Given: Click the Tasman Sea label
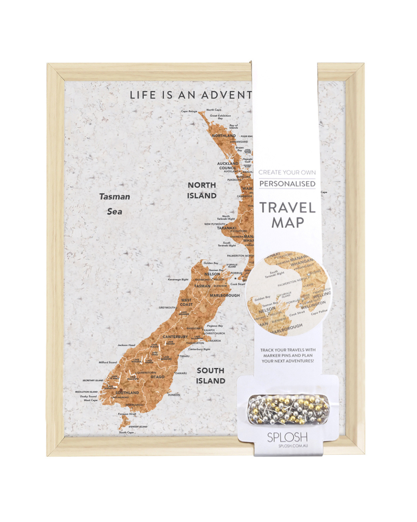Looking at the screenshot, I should [x=114, y=204].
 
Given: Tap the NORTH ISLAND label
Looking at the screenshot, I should [x=202, y=190].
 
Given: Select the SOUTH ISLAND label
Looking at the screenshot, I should [x=210, y=375].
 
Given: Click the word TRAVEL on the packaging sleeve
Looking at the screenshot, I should [x=287, y=208].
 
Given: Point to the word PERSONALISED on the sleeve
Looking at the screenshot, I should [x=287, y=184].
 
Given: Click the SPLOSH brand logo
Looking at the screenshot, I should [x=287, y=437].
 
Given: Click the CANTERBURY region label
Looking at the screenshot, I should [x=175, y=337].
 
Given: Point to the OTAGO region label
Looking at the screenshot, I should [x=158, y=377].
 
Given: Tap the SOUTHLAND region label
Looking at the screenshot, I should [x=127, y=392].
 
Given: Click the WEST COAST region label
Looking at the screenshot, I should [x=186, y=302].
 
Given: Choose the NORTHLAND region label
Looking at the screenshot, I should [x=224, y=136].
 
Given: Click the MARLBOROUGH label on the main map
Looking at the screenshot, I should [x=225, y=295].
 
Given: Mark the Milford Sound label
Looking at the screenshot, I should [x=108, y=362].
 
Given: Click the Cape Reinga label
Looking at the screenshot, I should [x=189, y=111].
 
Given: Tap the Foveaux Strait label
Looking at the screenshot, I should [x=127, y=414].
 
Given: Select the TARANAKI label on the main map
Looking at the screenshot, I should [x=226, y=228].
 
